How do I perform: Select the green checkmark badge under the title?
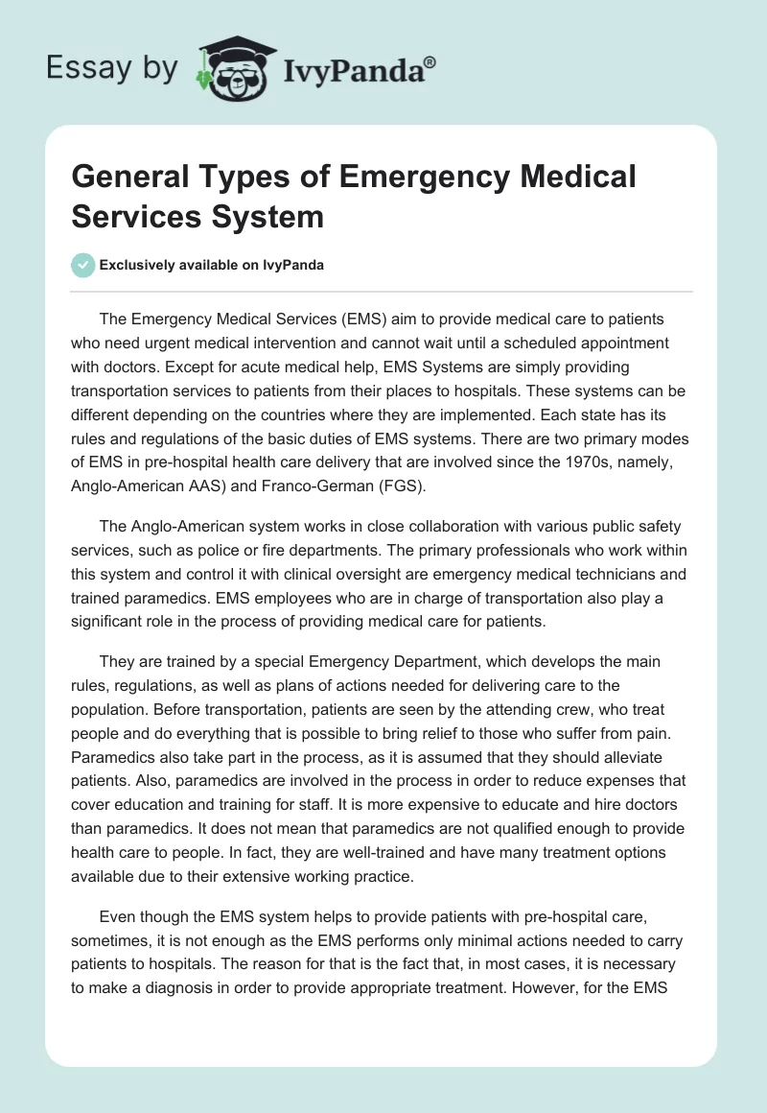pyautogui.click(x=83, y=265)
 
